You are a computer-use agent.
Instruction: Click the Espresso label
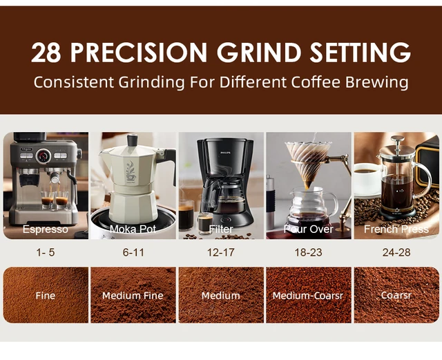[46, 229]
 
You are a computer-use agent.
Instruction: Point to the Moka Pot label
[133, 229]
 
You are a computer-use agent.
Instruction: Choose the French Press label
[396, 229]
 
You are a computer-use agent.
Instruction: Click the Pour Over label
[308, 229]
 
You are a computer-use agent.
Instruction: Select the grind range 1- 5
[46, 252]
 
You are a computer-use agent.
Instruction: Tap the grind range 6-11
[133, 252]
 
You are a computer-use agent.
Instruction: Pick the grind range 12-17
[221, 252]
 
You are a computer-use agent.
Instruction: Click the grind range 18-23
[308, 252]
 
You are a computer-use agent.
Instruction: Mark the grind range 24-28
[396, 252]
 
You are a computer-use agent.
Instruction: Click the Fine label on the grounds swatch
[46, 296]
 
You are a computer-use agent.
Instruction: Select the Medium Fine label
[133, 296]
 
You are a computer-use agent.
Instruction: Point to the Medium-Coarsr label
[308, 296]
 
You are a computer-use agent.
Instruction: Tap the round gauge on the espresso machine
[43, 154]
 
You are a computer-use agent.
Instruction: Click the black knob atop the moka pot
[132, 138]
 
